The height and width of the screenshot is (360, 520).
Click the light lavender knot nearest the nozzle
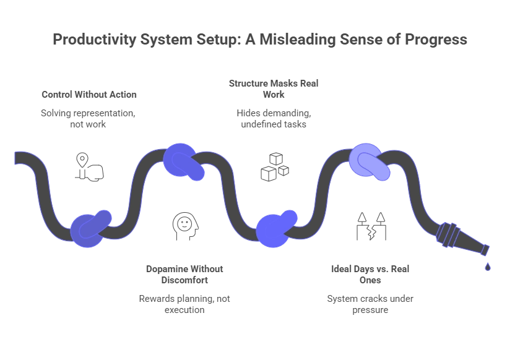[x=369, y=160]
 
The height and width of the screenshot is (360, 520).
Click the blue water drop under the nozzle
[x=488, y=267]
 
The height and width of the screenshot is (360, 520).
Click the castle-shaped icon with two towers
[x=371, y=225]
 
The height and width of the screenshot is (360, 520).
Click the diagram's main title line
[x=259, y=38]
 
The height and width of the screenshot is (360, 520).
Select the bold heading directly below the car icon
[x=185, y=274]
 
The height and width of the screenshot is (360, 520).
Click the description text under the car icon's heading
[x=185, y=303]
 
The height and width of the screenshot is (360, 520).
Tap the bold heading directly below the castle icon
[x=370, y=274]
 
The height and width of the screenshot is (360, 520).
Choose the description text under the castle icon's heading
[x=370, y=303]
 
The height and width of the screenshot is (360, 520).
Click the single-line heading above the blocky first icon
[x=89, y=94]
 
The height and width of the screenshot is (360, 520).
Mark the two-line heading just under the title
[x=274, y=88]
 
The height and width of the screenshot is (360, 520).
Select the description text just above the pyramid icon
[x=272, y=119]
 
